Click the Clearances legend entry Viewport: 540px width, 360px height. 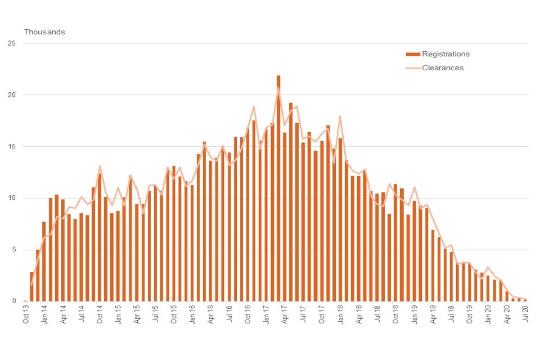[x=443, y=67]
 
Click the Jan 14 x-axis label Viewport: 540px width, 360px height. [x=45, y=314]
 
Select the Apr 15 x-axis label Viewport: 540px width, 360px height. [x=137, y=314]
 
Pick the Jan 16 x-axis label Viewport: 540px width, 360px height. [x=193, y=314]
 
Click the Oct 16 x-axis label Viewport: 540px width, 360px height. [x=248, y=314]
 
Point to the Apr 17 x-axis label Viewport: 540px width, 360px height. [x=285, y=314]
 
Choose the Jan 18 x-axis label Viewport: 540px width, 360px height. [x=341, y=314]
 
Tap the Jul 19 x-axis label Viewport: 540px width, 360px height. [x=452, y=314]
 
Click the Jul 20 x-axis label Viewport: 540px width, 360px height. [x=525, y=314]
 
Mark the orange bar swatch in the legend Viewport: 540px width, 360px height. [x=413, y=55]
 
